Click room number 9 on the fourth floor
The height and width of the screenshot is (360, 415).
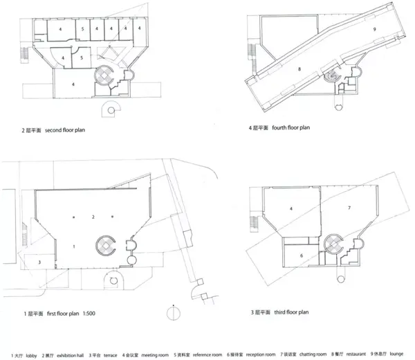[x=374, y=30]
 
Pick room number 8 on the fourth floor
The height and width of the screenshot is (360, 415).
[x=299, y=70]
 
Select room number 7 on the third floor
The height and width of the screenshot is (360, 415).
[x=350, y=207]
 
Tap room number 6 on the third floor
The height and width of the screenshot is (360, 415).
[x=301, y=255]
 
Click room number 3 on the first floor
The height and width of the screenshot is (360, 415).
[x=39, y=262]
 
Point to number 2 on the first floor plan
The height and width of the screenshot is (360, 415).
[x=93, y=217]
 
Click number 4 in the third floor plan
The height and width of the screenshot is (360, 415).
[x=292, y=208]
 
